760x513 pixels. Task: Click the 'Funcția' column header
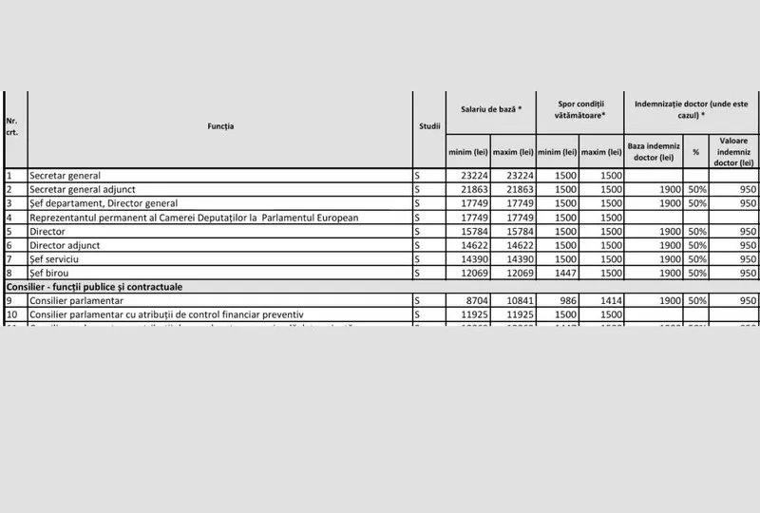click(x=220, y=126)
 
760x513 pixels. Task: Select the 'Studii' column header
click(x=428, y=126)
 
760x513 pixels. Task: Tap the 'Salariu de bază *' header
click(x=491, y=110)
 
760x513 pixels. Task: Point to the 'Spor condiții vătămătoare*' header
click(x=579, y=110)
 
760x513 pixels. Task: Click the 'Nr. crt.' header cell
click(x=12, y=126)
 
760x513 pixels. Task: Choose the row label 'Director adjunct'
click(x=66, y=245)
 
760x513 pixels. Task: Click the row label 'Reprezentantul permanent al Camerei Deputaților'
click(x=194, y=218)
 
